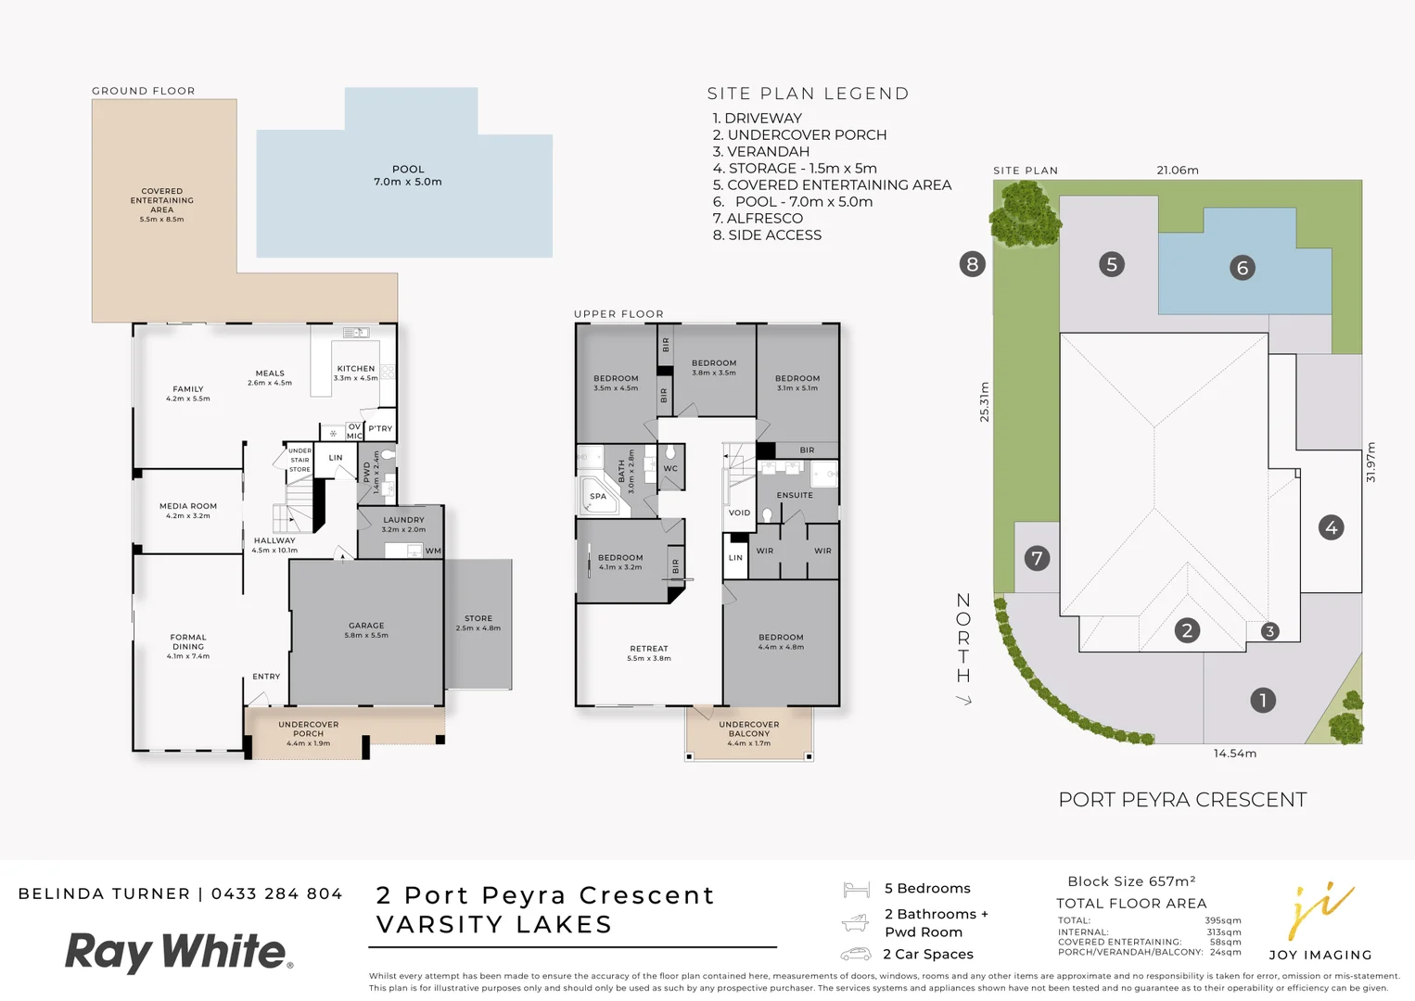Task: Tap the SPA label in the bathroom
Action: [598, 497]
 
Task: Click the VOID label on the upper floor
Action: [739, 513]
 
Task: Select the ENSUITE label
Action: [795, 495]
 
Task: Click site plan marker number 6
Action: [1243, 268]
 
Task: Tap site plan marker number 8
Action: [972, 264]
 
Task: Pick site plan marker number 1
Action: [1262, 700]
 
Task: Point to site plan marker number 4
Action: [1331, 527]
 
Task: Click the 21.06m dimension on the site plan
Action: [1178, 171]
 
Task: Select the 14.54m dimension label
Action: [1234, 754]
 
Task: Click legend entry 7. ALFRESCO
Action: [758, 219]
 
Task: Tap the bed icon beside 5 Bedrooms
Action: [856, 890]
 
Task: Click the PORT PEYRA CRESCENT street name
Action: [1182, 800]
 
